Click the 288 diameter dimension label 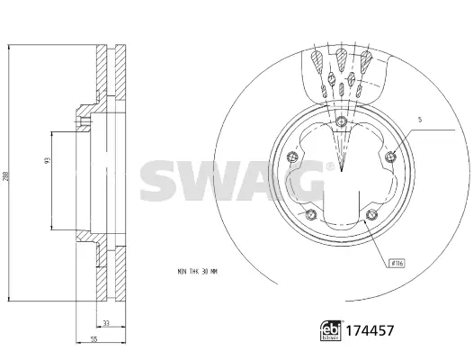tap(5, 176)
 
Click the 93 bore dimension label tap(47, 160)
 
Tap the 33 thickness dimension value tap(105, 323)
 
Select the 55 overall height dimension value tap(94, 339)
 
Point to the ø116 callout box tap(397, 263)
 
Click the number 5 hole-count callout tap(420, 120)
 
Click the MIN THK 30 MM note tap(197, 272)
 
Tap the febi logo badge tap(331, 330)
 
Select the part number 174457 tap(370, 330)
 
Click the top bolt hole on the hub tap(341, 121)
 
